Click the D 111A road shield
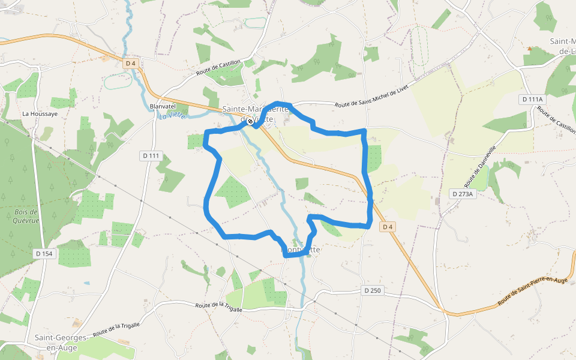(x=532, y=99)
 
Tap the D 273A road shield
(x=463, y=193)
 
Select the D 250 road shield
(x=373, y=290)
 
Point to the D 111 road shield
(x=151, y=156)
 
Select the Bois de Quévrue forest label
(x=26, y=215)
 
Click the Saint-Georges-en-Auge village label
(x=61, y=342)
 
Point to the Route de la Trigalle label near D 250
(x=218, y=306)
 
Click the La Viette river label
(x=173, y=115)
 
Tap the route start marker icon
(x=250, y=121)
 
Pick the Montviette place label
(x=301, y=249)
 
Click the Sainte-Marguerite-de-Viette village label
(x=256, y=114)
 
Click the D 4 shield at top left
(x=131, y=63)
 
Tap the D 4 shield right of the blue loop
(x=388, y=226)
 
